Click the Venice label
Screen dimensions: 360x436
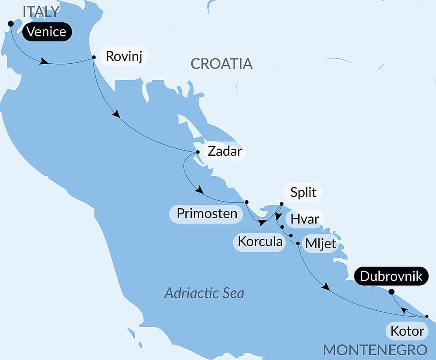point(47,32)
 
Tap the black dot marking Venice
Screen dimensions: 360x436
point(10,24)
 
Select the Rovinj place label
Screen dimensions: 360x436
point(124,57)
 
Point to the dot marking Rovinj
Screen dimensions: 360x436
point(94,57)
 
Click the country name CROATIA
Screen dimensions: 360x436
point(221,64)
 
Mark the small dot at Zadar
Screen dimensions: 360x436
point(198,152)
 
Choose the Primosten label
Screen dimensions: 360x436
point(207,214)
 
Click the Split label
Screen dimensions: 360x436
point(303,192)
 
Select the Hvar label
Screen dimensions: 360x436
point(305,219)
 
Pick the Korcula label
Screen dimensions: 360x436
point(260,242)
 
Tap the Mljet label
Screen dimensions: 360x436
point(321,244)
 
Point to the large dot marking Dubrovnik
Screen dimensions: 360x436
point(391,292)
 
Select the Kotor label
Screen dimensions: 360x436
point(407,331)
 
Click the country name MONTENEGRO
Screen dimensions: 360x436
point(375,350)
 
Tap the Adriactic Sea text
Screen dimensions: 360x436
point(204,293)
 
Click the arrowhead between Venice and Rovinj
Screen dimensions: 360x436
point(44,62)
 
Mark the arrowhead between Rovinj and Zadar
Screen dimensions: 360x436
point(116,114)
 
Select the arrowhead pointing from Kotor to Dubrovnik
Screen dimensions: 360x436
point(404,310)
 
